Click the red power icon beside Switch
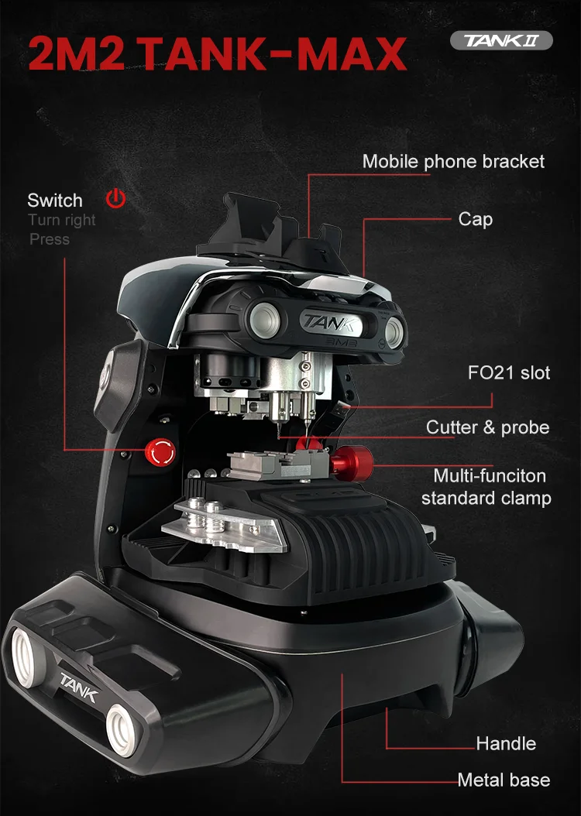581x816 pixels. tap(115, 199)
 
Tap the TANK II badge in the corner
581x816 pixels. tap(501, 41)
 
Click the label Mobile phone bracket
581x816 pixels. tap(453, 162)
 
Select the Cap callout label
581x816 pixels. tap(475, 219)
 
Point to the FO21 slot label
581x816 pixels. tap(509, 373)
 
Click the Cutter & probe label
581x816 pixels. tap(487, 427)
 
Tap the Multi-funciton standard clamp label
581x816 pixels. tap(486, 486)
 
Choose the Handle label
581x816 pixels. tap(506, 744)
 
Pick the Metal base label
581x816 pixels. tap(504, 780)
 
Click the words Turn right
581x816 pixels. tap(62, 221)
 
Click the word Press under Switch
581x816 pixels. tap(50, 240)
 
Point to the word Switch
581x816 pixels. tap(55, 201)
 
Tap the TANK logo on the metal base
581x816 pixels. tap(79, 687)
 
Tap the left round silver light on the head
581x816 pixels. tap(264, 318)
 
